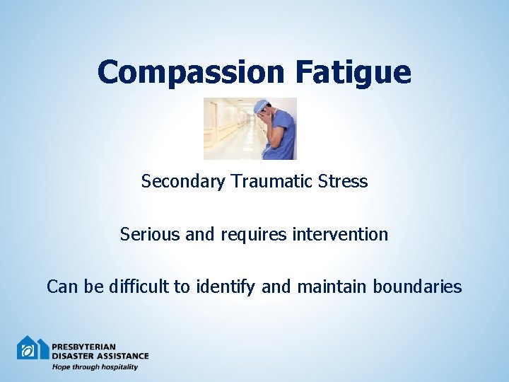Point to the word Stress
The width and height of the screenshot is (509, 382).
[x=343, y=182]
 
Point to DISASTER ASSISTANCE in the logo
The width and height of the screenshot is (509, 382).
[x=100, y=356]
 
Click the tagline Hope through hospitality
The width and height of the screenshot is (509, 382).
[x=95, y=367]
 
